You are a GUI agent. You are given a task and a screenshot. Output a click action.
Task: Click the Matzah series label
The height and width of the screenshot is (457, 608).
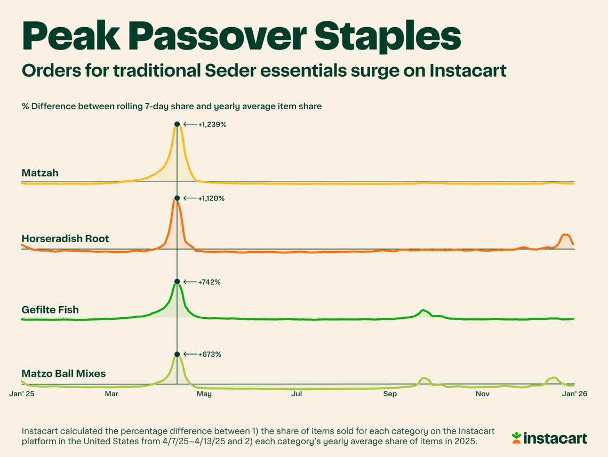(x=40, y=173)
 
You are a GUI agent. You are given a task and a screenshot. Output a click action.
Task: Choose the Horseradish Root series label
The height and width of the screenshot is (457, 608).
(x=65, y=238)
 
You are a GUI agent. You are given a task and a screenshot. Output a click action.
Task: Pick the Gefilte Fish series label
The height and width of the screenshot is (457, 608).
(x=50, y=309)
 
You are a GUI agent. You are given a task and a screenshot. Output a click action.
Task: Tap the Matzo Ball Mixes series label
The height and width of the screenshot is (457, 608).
(x=63, y=374)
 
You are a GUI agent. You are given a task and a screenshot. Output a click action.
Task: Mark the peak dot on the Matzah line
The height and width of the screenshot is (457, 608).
(x=177, y=124)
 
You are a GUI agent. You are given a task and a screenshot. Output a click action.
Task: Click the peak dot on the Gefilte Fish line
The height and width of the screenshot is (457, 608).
(x=177, y=282)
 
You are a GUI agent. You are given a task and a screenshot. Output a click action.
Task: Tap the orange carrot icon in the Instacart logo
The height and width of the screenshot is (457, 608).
(x=516, y=438)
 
